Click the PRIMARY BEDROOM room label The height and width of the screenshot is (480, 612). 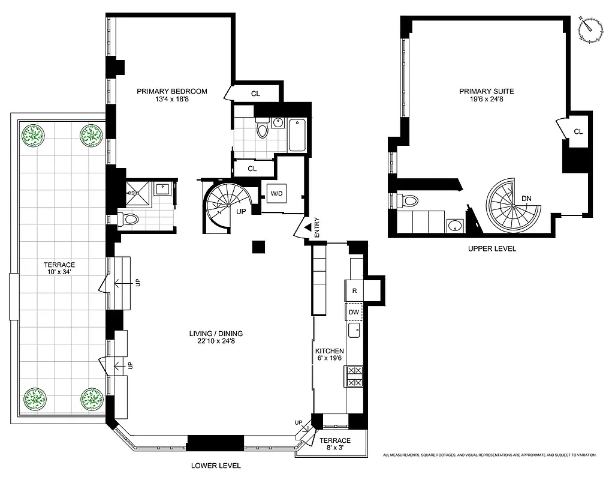[x=172, y=91]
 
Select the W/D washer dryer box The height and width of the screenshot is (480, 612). [x=277, y=194]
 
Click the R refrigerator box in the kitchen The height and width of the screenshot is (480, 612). [x=355, y=291]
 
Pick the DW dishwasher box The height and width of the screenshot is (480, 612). [x=355, y=312]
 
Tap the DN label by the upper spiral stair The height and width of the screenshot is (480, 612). [x=526, y=199]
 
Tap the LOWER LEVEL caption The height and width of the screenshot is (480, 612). [x=216, y=466]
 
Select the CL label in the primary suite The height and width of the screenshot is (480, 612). [x=578, y=131]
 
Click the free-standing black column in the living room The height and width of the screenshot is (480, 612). [x=258, y=247]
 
